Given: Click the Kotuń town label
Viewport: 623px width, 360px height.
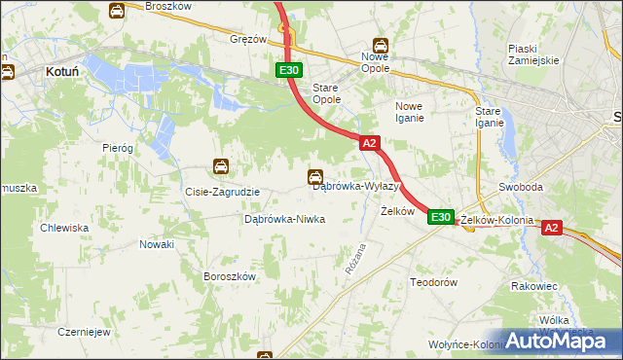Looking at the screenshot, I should [61, 71].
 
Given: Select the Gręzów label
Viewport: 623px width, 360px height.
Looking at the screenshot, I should [248, 40].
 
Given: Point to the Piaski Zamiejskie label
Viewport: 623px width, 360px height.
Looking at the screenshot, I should [532, 54].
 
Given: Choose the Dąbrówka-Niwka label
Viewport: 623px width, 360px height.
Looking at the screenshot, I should [283, 219].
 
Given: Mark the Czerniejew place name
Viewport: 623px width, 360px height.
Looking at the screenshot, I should [83, 331].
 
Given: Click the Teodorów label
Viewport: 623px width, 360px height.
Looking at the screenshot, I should [433, 281].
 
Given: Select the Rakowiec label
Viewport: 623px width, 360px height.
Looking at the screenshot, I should [534, 287].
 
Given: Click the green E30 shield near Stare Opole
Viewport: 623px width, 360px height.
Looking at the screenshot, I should [289, 70].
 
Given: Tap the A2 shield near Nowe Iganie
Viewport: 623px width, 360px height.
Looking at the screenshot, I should [368, 143].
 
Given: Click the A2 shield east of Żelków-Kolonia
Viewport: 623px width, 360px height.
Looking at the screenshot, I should [551, 228].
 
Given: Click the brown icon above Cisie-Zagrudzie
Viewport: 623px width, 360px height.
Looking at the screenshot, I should [222, 167].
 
